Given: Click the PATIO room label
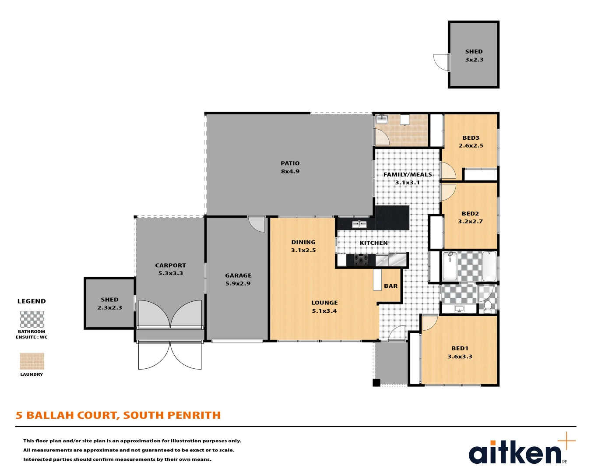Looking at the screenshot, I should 290,163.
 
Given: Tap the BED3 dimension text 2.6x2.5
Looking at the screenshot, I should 471,146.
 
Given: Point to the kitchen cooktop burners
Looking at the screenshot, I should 361,259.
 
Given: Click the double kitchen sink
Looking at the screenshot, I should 359,225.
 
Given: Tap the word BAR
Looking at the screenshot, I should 390,286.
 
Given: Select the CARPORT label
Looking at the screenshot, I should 170,265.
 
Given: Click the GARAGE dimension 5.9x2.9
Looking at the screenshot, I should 238,284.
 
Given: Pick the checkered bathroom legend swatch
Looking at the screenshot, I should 32,320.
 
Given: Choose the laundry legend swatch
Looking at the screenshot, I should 32,361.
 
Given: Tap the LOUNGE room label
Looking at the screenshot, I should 324,303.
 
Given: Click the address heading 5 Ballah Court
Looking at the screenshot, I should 118,415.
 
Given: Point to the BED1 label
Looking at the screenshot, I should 460,349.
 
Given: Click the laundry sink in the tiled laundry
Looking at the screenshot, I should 382,119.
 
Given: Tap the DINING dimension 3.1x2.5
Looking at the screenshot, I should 303,251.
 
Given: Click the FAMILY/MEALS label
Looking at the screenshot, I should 408,175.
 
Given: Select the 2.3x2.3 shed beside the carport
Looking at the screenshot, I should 109,303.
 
